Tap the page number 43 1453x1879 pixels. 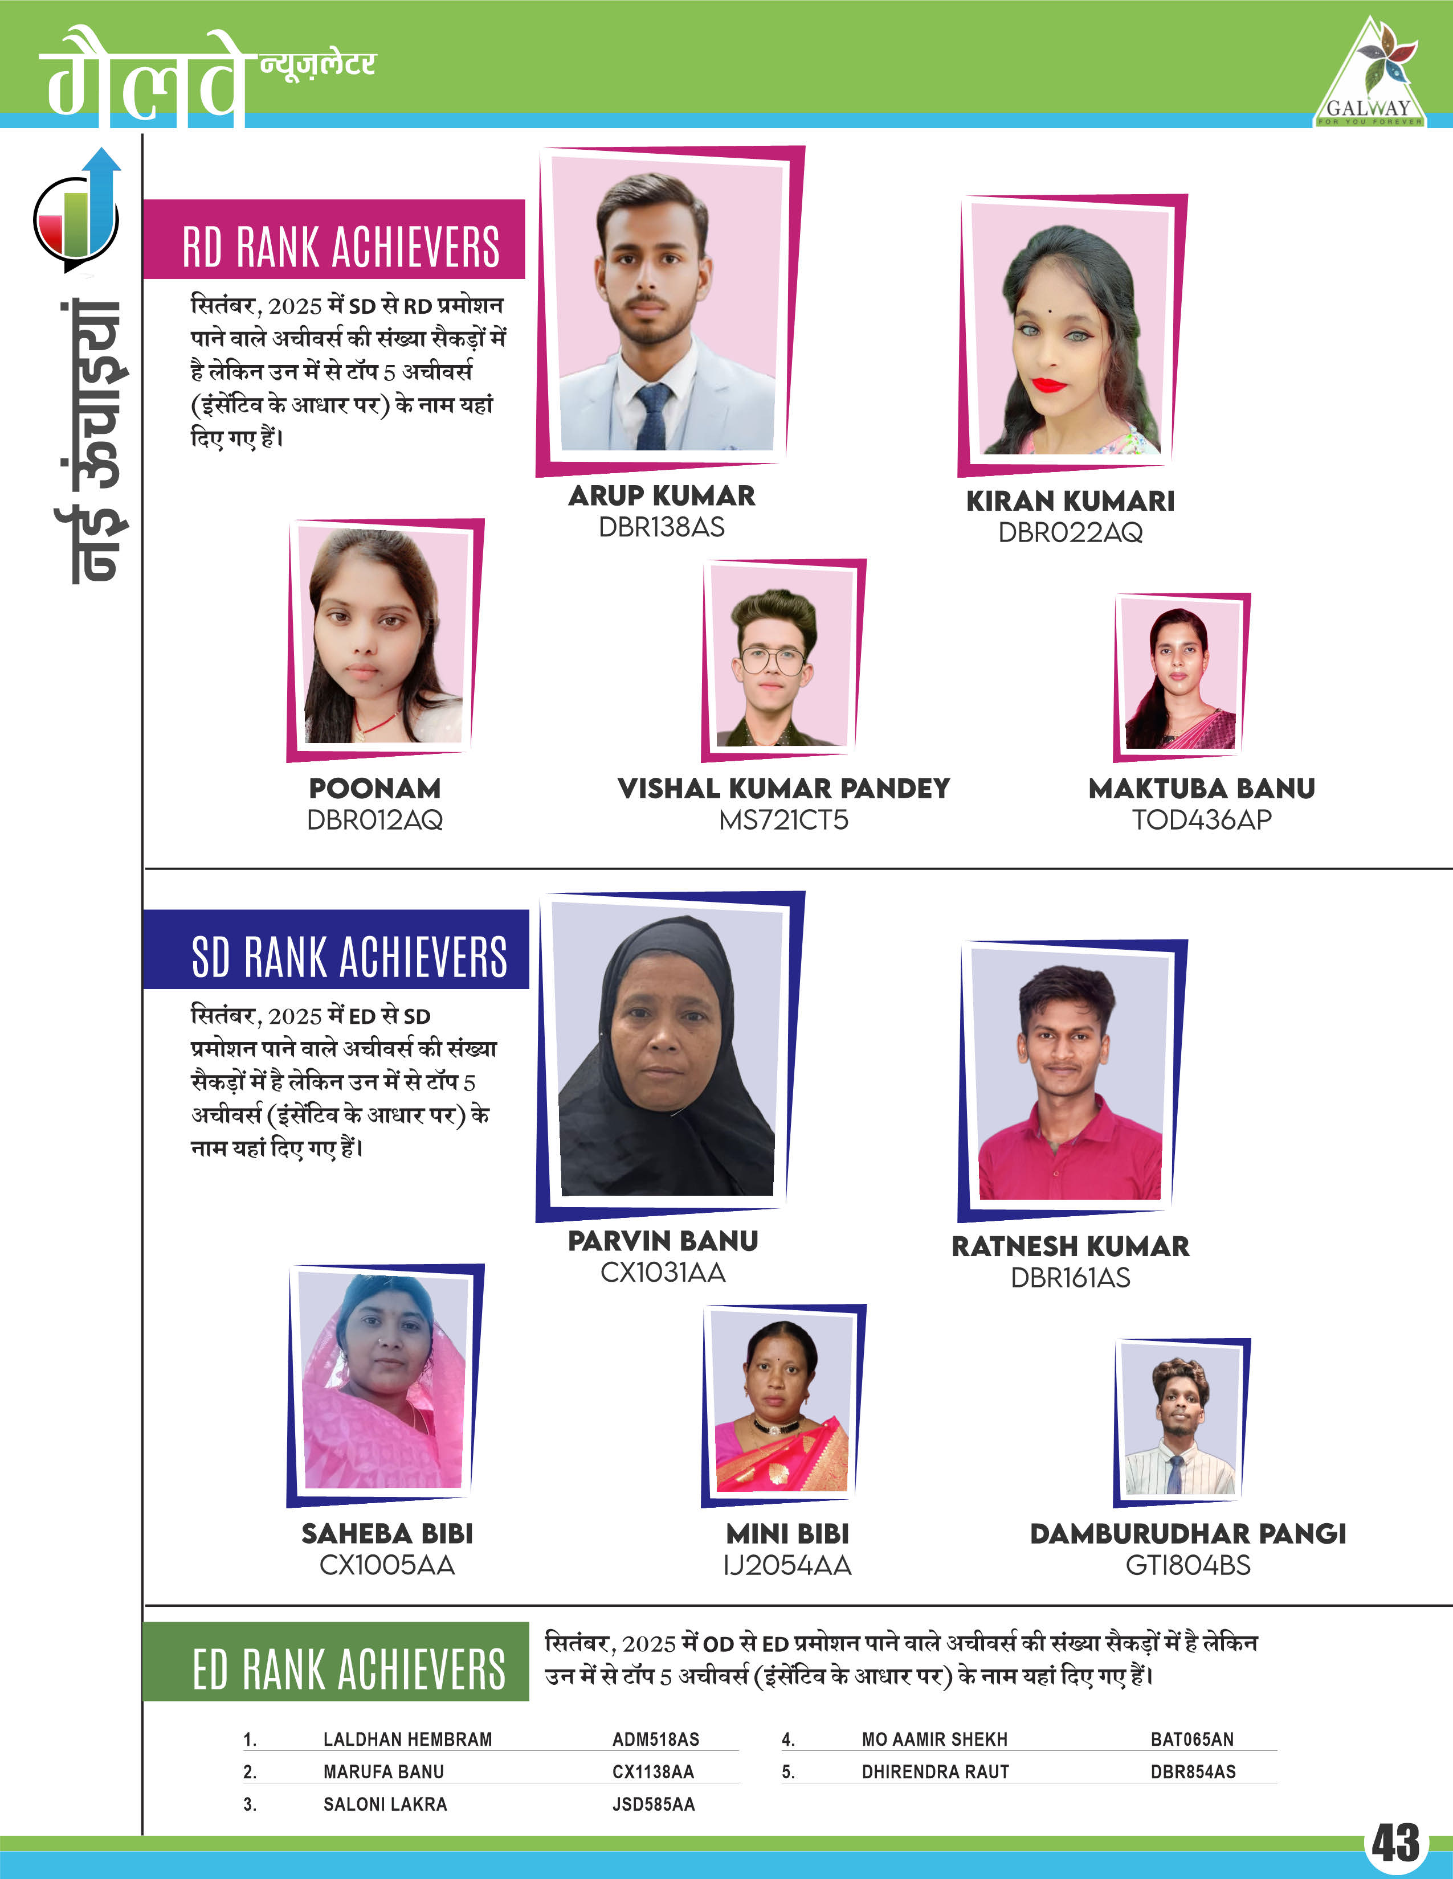pyautogui.click(x=1395, y=1844)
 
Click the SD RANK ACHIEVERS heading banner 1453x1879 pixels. pyautogui.click(x=337, y=950)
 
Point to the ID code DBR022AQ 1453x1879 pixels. pyautogui.click(x=1070, y=532)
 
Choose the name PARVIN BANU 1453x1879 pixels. pyautogui.click(x=663, y=1241)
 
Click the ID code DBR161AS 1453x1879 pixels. pyautogui.click(x=1070, y=1278)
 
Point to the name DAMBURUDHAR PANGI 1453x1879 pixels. pyautogui.click(x=1188, y=1533)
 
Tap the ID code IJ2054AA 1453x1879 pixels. pyautogui.click(x=787, y=1565)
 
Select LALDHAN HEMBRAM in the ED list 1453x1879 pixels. pyautogui.click(x=407, y=1739)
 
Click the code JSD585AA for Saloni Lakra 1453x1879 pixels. pyautogui.click(x=654, y=1804)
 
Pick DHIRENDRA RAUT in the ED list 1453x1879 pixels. pyautogui.click(x=935, y=1771)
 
